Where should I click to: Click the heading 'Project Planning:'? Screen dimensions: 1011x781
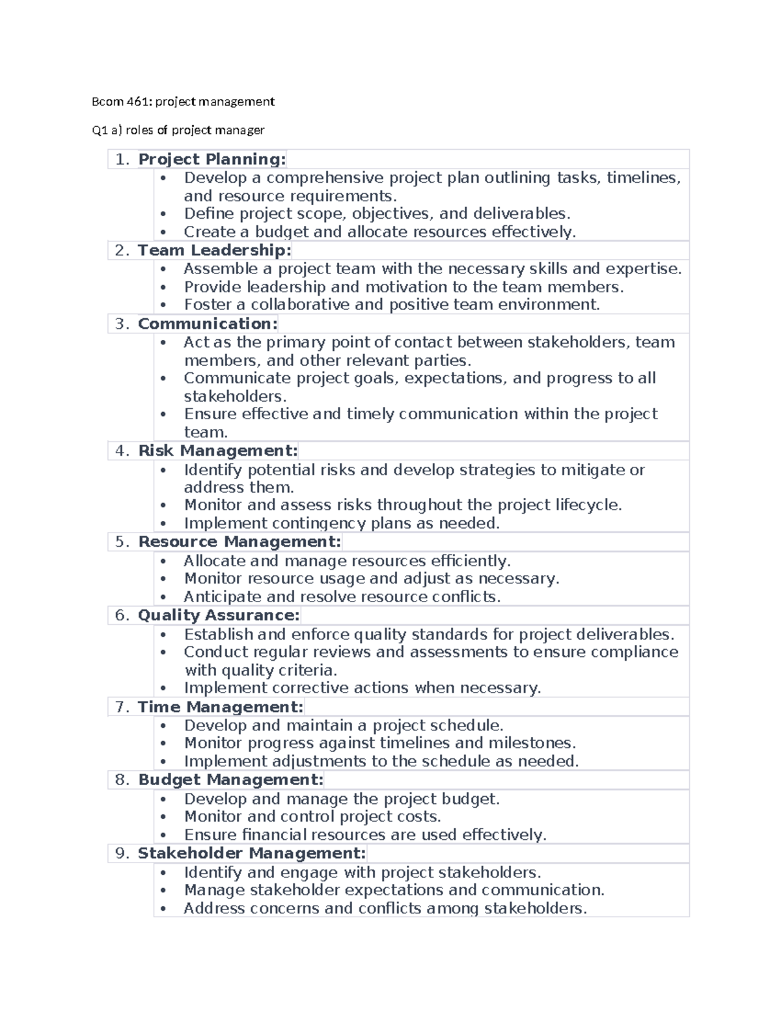click(x=212, y=159)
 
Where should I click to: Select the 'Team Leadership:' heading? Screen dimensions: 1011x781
click(x=214, y=251)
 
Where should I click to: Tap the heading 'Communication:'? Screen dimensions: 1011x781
click(x=208, y=324)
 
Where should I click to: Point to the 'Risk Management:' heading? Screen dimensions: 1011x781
click(x=217, y=451)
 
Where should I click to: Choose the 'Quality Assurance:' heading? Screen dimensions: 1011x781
click(x=219, y=616)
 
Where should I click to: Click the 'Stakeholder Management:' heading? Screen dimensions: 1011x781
click(x=251, y=853)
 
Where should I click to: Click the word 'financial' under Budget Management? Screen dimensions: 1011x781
click(x=274, y=835)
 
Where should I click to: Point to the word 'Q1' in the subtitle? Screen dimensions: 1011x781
click(x=99, y=130)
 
